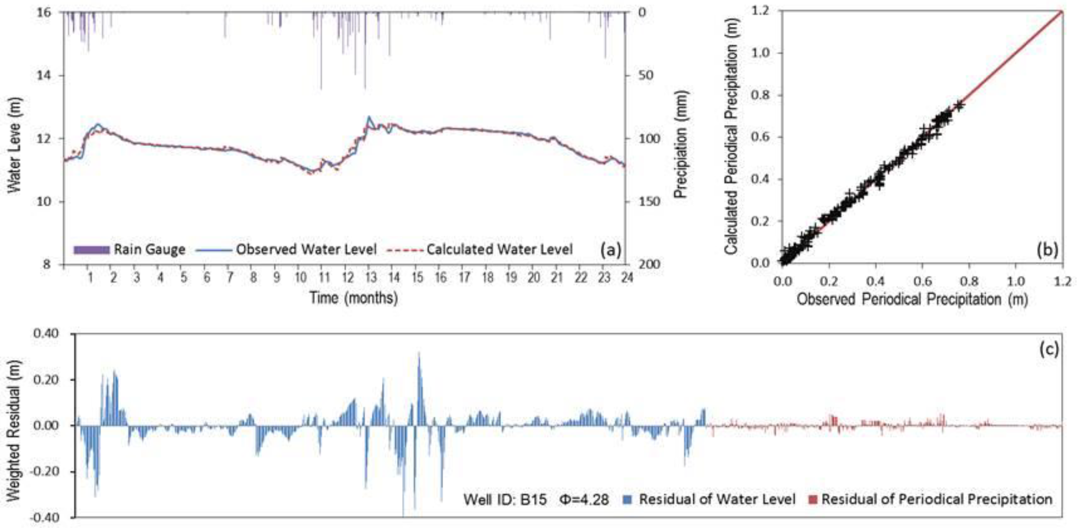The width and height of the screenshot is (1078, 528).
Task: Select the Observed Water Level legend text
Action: tap(306, 249)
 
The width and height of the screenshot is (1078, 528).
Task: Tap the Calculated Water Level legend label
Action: tap(499, 249)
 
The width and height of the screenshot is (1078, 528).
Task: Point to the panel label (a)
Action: tap(610, 250)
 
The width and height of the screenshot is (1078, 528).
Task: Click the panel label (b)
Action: tap(1047, 250)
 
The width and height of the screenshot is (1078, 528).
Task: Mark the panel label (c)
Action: tap(1049, 349)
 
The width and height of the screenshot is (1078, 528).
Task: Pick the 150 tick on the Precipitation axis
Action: tap(647, 202)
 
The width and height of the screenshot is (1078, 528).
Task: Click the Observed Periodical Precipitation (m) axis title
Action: tap(912, 299)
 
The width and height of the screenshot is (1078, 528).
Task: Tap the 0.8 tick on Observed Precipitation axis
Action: tap(969, 281)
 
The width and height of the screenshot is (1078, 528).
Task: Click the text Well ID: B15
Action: tap(505, 499)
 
